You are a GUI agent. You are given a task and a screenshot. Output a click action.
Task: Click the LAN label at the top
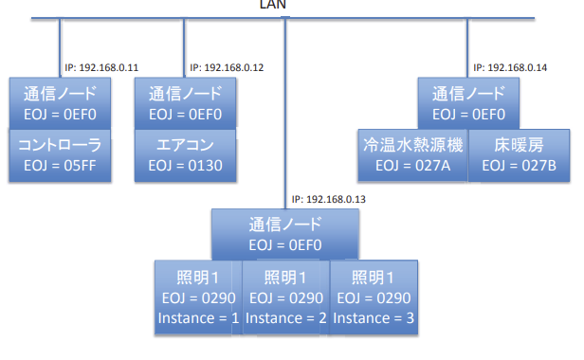click(273, 5)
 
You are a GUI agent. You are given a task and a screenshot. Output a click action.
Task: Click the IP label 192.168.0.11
click(101, 68)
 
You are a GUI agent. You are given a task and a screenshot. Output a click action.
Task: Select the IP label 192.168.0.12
click(227, 68)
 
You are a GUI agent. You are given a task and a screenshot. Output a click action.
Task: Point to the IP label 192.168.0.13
click(328, 200)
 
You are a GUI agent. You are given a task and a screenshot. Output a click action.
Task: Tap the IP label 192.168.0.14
click(510, 68)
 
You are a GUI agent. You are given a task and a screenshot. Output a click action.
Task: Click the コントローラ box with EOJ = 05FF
click(60, 155)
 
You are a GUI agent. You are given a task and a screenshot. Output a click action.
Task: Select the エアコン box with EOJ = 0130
click(185, 155)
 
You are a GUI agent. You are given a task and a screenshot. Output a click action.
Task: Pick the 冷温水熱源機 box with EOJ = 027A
click(412, 155)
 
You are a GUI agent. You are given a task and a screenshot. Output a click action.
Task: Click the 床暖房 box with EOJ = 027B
click(519, 155)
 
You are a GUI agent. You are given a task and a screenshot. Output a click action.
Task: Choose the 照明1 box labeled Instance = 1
click(198, 297)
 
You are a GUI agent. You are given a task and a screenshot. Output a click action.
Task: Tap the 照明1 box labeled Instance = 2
click(285, 297)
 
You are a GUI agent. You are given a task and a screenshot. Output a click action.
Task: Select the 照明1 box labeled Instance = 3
click(374, 297)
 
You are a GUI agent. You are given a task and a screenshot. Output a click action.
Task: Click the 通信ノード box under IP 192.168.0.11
click(60, 103)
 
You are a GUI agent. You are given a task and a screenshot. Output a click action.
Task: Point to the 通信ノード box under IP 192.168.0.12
click(185, 103)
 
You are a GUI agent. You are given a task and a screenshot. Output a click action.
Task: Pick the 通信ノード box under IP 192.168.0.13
click(285, 234)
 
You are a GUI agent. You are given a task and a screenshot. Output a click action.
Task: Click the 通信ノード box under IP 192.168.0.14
click(468, 103)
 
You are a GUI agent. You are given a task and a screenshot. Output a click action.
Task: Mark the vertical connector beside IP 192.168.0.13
click(285, 113)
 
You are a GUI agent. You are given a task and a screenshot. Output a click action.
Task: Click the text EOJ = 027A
click(412, 166)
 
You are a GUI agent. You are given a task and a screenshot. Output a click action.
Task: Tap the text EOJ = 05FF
click(60, 166)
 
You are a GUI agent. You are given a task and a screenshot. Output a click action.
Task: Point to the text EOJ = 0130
click(185, 166)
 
